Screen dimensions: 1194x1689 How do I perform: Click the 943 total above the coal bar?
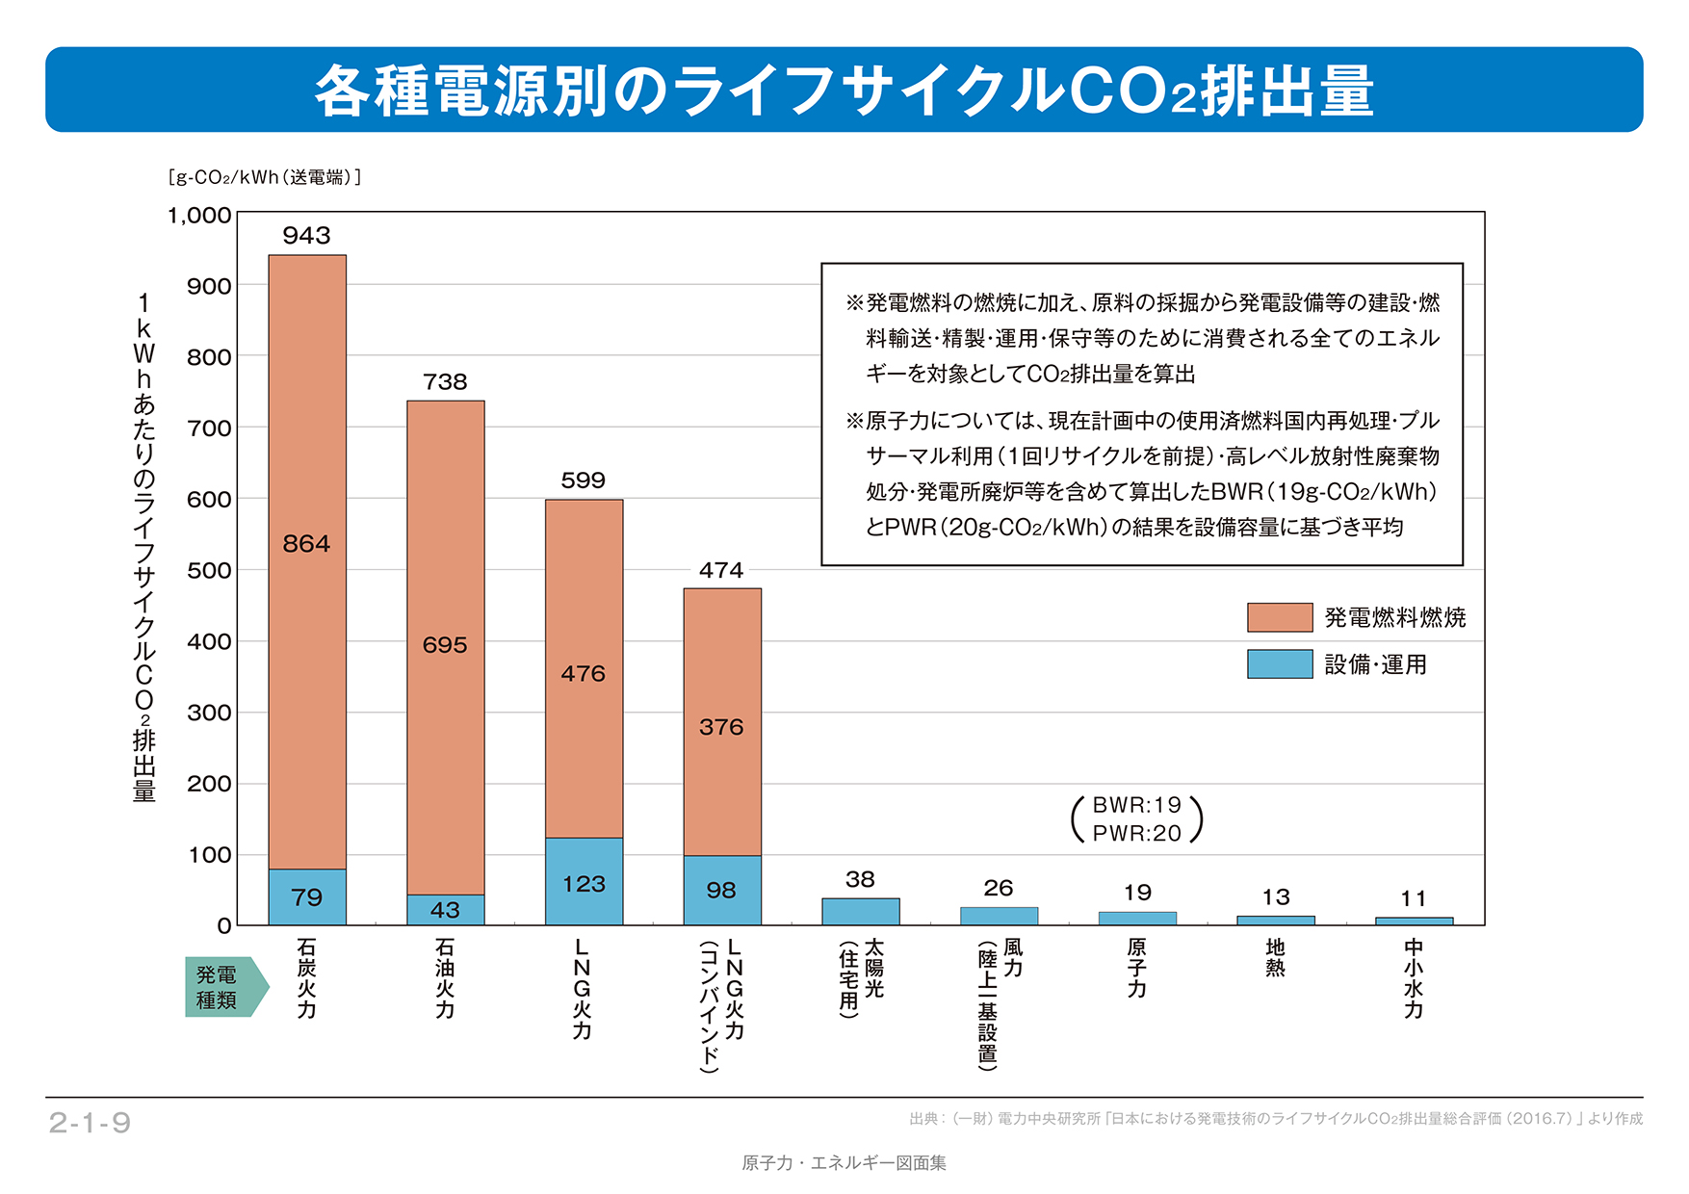point(306,236)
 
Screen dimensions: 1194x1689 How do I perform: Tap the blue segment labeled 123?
point(584,881)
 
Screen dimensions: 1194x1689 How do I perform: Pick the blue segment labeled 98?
point(722,890)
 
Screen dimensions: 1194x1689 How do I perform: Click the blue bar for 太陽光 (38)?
point(860,911)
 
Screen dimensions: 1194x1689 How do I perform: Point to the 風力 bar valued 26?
point(999,916)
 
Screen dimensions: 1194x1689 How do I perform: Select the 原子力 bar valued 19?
point(1137,919)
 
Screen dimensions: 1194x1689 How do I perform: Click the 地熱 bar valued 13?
point(1275,921)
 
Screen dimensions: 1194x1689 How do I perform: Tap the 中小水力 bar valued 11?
point(1414,921)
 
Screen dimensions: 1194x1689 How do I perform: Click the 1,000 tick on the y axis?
point(199,216)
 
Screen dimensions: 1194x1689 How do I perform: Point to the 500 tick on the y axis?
point(209,571)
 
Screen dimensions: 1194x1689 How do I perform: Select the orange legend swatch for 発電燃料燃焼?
point(1279,617)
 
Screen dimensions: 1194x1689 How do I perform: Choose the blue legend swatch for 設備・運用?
point(1279,664)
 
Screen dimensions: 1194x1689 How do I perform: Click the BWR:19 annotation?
point(1136,805)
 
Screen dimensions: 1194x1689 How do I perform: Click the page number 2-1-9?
point(90,1123)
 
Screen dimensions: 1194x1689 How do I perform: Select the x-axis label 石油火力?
point(445,978)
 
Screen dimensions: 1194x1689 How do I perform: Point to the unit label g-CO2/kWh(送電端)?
point(264,177)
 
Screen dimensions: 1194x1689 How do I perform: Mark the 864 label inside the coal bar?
point(306,544)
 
